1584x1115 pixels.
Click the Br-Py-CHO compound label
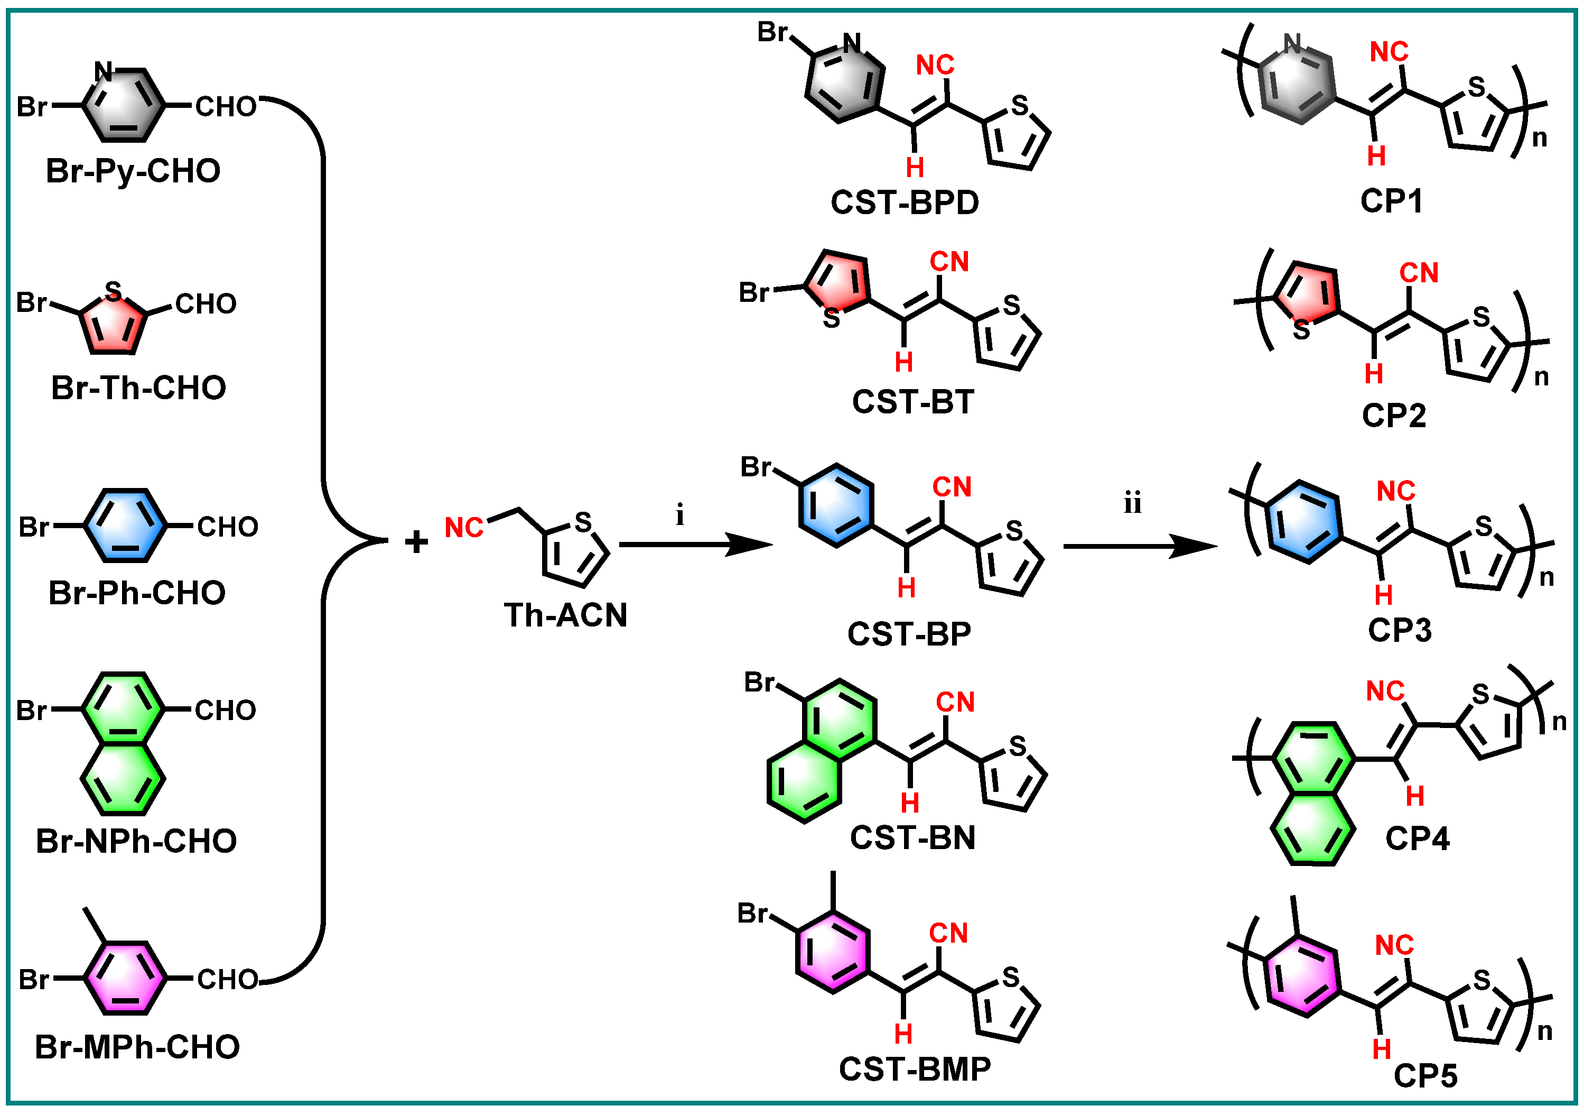point(133,171)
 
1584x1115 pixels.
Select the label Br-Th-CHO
point(138,388)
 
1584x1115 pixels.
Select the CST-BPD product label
point(905,202)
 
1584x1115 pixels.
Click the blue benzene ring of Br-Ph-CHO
point(125,526)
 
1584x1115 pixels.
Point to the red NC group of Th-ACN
point(463,528)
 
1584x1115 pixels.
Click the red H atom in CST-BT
point(904,362)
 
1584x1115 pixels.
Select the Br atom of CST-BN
point(760,682)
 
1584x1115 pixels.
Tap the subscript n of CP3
point(1546,577)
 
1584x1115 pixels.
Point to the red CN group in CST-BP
point(952,487)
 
